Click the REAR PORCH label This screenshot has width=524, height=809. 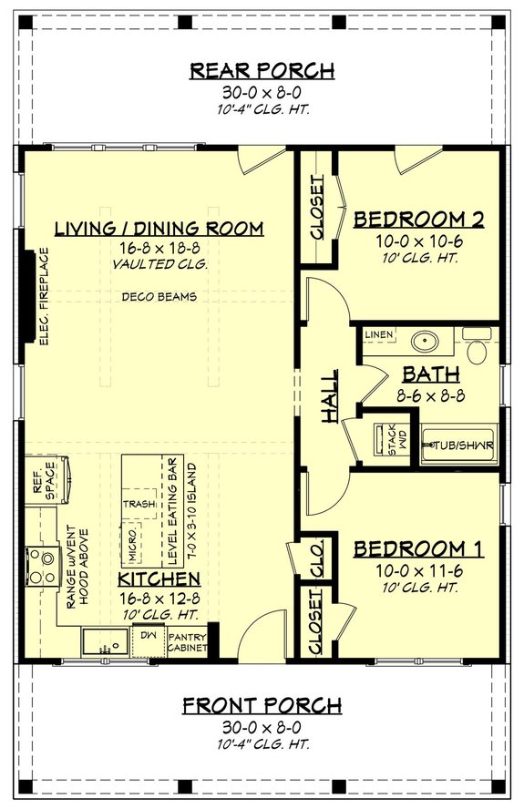pyautogui.click(x=262, y=70)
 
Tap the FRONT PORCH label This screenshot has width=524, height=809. pyautogui.click(x=262, y=705)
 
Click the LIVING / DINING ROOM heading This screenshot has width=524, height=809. pyautogui.click(x=159, y=228)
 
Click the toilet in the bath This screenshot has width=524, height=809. pyautogui.click(x=478, y=351)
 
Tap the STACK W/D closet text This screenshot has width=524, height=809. pyautogui.click(x=380, y=439)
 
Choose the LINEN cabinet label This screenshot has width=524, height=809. pyautogui.click(x=379, y=335)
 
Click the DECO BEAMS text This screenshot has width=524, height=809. pyautogui.click(x=159, y=297)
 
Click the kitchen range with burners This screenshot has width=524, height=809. pyautogui.click(x=40, y=564)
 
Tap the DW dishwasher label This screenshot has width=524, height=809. pyautogui.click(x=149, y=635)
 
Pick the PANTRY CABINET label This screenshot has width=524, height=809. pyautogui.click(x=187, y=643)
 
